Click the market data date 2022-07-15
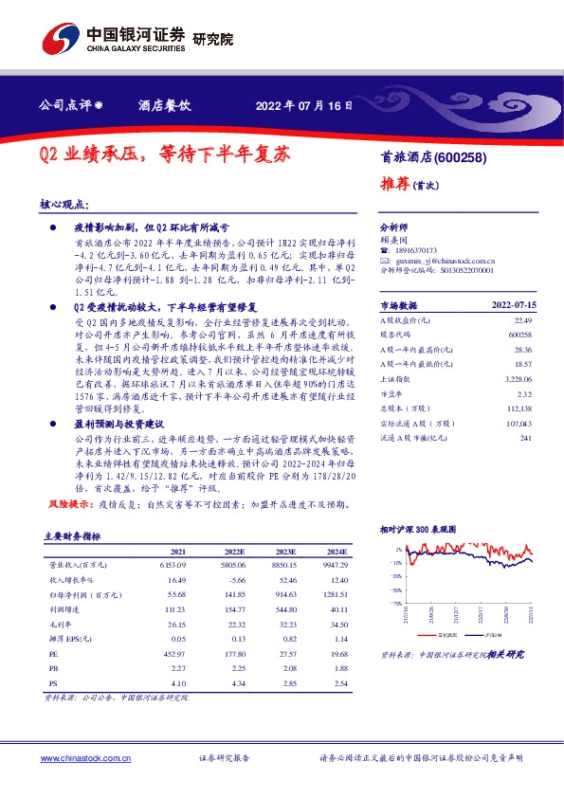tap(514, 306)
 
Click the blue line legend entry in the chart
tap(483, 636)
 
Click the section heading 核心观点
tap(64, 205)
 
